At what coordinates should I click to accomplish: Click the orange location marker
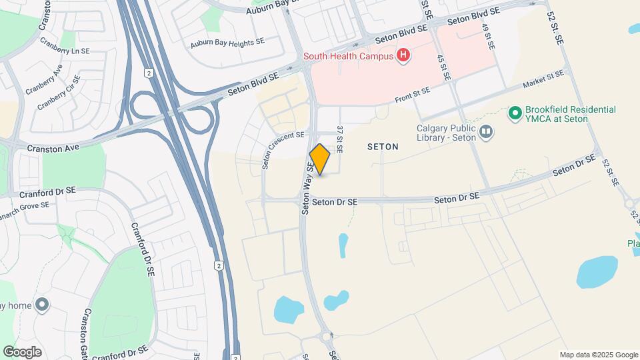coord(320,159)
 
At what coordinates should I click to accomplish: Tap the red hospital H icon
coord(402,55)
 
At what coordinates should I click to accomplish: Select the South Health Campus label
coord(348,56)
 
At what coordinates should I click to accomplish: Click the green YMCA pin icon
coord(514,114)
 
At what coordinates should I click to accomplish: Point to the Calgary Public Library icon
coord(487,133)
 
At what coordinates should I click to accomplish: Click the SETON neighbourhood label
coord(383,147)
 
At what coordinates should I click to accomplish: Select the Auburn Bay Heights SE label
coord(227,41)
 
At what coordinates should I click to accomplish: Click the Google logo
coord(22,351)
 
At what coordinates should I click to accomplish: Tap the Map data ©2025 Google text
coord(598,355)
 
